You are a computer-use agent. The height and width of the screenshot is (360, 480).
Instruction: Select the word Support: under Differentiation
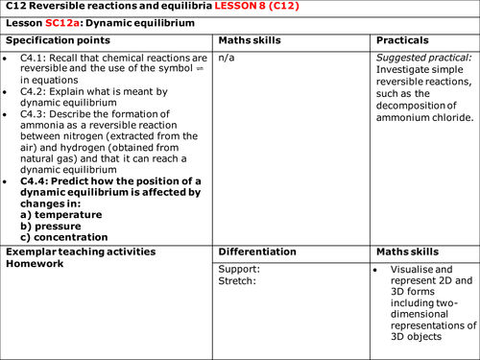tap(240, 270)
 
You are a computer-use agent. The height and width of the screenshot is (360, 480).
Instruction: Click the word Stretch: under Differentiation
tap(238, 281)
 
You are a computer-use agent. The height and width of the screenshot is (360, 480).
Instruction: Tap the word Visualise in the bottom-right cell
tap(417, 270)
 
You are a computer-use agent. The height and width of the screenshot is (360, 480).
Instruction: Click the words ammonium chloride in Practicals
tap(423, 117)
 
